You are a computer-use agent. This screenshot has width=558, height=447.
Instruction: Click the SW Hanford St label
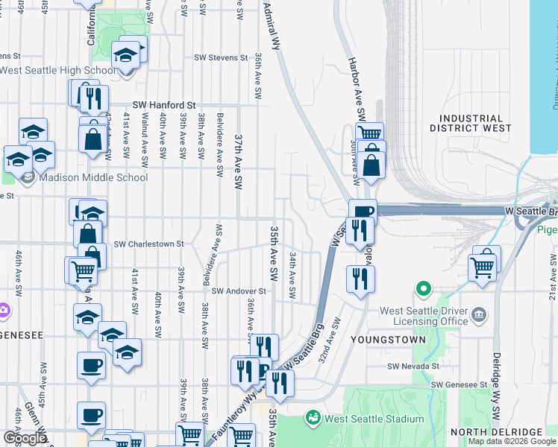[x=163, y=106]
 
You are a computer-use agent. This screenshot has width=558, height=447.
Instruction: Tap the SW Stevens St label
[x=221, y=57]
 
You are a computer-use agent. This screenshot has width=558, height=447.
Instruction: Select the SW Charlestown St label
[x=148, y=244]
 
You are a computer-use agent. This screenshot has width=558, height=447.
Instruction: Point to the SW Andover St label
[x=239, y=291]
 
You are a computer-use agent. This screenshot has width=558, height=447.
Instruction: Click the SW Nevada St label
[x=413, y=366]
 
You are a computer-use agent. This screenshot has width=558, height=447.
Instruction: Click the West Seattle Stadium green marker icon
[x=313, y=418]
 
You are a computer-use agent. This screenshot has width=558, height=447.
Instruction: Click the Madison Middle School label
[x=84, y=177]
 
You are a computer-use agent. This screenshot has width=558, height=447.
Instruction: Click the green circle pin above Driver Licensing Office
[x=424, y=288]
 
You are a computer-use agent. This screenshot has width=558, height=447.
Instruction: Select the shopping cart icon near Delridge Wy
[x=483, y=264]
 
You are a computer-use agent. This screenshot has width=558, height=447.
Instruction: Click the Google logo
[x=25, y=438]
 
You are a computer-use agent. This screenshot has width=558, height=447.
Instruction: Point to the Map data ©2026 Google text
[x=512, y=441]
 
